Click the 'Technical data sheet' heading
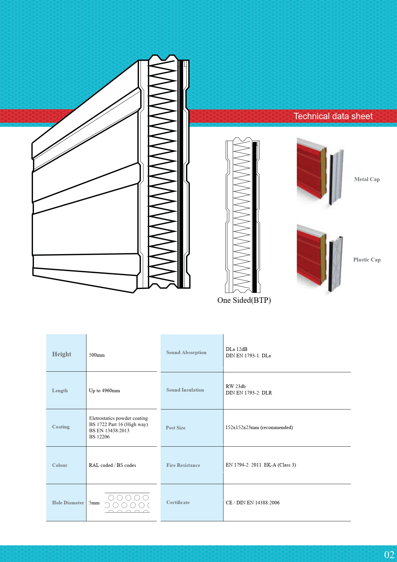(333, 116)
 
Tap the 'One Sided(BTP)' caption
(244, 300)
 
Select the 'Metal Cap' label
(367, 179)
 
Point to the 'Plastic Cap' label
(367, 260)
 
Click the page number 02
(389, 555)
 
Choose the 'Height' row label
(61, 354)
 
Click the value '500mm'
(97, 355)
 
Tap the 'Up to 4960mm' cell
(104, 391)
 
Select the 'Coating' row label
(61, 427)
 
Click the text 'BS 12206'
(99, 437)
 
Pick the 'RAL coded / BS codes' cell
(112, 465)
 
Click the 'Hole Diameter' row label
(68, 503)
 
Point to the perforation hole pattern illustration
(127, 503)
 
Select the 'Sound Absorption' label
(186, 352)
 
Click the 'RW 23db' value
(236, 386)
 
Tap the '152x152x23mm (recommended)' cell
(259, 427)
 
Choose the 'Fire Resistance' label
(183, 465)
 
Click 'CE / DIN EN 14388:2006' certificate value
(253, 503)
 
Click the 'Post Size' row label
(175, 428)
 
